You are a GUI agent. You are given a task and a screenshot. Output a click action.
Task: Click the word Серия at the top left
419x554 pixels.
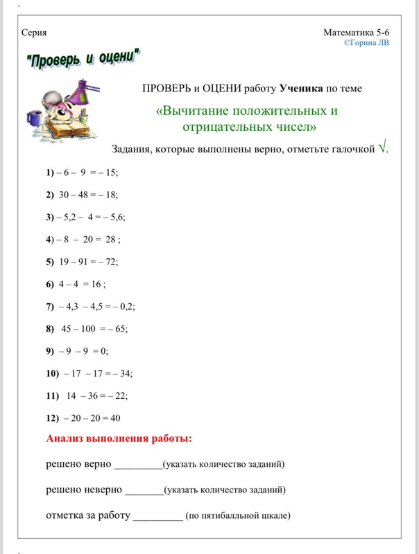click(x=35, y=33)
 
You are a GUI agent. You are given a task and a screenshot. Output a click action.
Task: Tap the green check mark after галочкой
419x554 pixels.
click(x=382, y=148)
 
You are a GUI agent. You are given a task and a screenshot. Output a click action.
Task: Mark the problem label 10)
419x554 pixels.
click(x=52, y=373)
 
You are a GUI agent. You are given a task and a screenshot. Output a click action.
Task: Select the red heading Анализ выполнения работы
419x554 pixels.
click(x=119, y=438)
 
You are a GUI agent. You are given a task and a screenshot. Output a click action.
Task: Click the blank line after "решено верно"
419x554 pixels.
click(x=137, y=465)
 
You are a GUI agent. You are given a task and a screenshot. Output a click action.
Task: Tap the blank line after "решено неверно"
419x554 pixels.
click(x=144, y=491)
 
